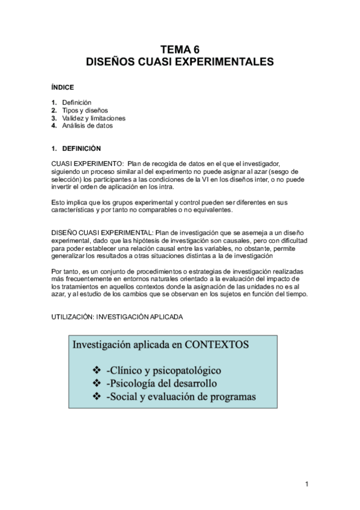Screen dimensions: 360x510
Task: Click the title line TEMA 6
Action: click(180, 51)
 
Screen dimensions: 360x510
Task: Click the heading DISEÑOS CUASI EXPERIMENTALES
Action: click(180, 61)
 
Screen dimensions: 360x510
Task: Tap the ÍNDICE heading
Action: click(63, 87)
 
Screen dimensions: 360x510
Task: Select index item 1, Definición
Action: click(76, 103)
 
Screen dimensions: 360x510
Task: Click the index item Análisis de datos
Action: click(87, 126)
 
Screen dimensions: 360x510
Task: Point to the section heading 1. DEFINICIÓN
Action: click(76, 149)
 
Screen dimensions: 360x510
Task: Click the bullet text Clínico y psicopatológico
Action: click(163, 369)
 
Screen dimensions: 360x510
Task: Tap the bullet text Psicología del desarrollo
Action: click(160, 383)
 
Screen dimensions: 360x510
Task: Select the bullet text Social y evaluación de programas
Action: click(180, 397)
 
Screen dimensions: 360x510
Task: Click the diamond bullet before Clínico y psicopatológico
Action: click(97, 369)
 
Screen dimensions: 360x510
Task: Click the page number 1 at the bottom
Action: click(307, 484)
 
